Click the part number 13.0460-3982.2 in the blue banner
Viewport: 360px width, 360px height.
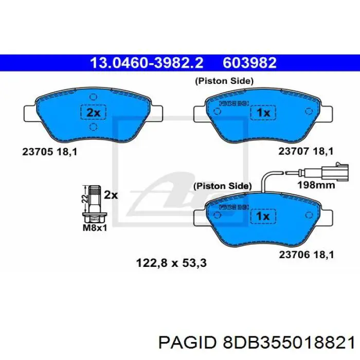point(147,63)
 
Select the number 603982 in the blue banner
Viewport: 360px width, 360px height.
point(249,63)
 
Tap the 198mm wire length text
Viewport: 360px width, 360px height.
point(317,185)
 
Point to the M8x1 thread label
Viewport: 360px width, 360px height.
point(95,227)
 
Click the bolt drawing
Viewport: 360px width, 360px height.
point(94,204)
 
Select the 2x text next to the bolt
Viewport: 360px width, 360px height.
point(111,195)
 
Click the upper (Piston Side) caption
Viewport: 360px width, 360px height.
point(223,81)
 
